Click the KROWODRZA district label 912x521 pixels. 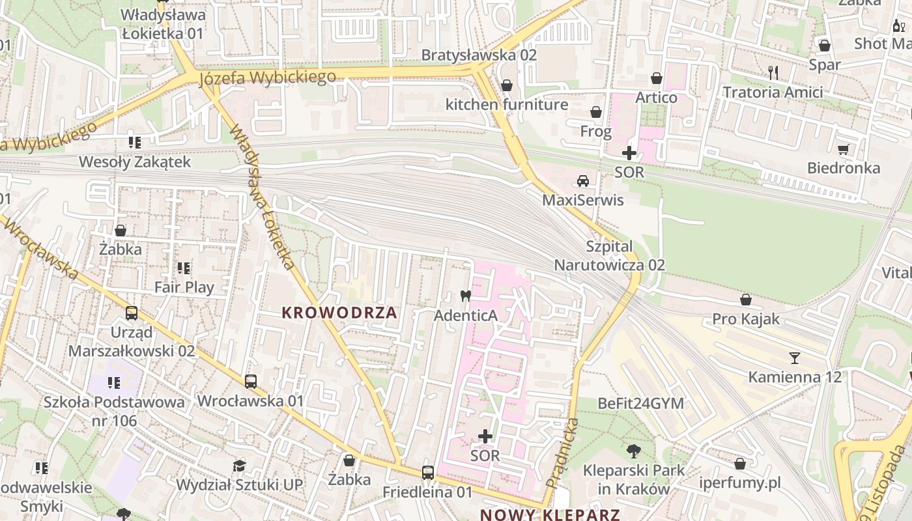tap(339, 313)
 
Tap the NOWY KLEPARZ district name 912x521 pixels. tap(550, 514)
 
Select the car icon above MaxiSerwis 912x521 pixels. tap(583, 181)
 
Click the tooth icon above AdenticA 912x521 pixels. tap(465, 296)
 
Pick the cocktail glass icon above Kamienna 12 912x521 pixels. tap(794, 358)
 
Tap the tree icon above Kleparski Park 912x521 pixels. tap(633, 451)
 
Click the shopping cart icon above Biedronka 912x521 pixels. tap(844, 149)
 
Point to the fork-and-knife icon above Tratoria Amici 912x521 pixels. tap(773, 72)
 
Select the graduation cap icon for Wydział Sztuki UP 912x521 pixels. tap(240, 466)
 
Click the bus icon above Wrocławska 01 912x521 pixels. tap(251, 382)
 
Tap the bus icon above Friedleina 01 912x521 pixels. tap(427, 473)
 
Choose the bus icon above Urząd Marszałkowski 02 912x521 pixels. tap(132, 313)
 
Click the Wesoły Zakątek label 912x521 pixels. tap(135, 162)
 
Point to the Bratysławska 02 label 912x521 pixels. tap(479, 55)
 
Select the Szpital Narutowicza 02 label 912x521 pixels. tap(609, 256)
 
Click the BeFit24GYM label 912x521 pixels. tap(641, 404)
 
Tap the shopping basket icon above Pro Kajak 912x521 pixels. tap(746, 300)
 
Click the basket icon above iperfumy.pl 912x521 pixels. tap(740, 464)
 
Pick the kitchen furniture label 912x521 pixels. tap(506, 105)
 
